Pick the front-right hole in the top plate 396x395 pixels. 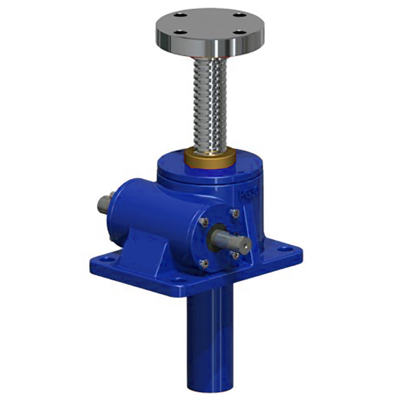click(x=241, y=32)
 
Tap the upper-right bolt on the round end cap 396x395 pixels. click(x=235, y=213)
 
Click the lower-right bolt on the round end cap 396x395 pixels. click(x=235, y=255)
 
